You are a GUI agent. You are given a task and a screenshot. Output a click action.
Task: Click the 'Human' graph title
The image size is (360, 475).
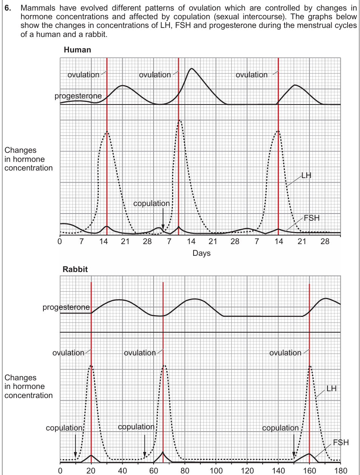click(x=77, y=50)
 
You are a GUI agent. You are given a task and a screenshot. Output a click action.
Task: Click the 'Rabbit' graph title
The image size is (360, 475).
click(x=75, y=269)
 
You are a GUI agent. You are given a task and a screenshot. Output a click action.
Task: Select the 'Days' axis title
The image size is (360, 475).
click(x=202, y=253)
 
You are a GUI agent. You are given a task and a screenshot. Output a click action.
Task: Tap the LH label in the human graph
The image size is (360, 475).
click(x=306, y=175)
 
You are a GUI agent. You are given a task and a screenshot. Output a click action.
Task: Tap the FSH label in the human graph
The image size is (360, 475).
click(x=311, y=218)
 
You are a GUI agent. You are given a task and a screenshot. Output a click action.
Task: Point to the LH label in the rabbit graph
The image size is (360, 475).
click(x=331, y=389)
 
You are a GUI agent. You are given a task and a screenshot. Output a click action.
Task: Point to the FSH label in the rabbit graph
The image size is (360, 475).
click(x=341, y=443)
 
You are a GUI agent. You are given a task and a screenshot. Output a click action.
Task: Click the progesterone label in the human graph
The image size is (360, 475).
click(x=78, y=96)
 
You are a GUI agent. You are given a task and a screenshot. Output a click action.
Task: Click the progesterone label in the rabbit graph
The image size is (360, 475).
click(x=66, y=307)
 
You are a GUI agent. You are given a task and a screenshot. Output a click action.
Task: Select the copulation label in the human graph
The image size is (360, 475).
click(x=152, y=203)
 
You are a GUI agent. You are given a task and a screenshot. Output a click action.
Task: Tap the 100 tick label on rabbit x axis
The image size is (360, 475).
click(x=216, y=470)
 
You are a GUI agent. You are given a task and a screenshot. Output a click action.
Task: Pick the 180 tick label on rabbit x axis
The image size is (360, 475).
click(x=341, y=470)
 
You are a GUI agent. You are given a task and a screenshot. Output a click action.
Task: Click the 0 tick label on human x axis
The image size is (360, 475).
click(x=60, y=241)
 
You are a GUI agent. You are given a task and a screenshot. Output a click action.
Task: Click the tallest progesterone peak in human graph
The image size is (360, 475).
click(x=192, y=69)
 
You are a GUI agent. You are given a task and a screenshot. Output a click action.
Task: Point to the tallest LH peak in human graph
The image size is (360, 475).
click(x=180, y=121)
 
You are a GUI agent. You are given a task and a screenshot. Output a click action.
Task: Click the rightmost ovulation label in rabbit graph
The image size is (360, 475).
click(x=285, y=353)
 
